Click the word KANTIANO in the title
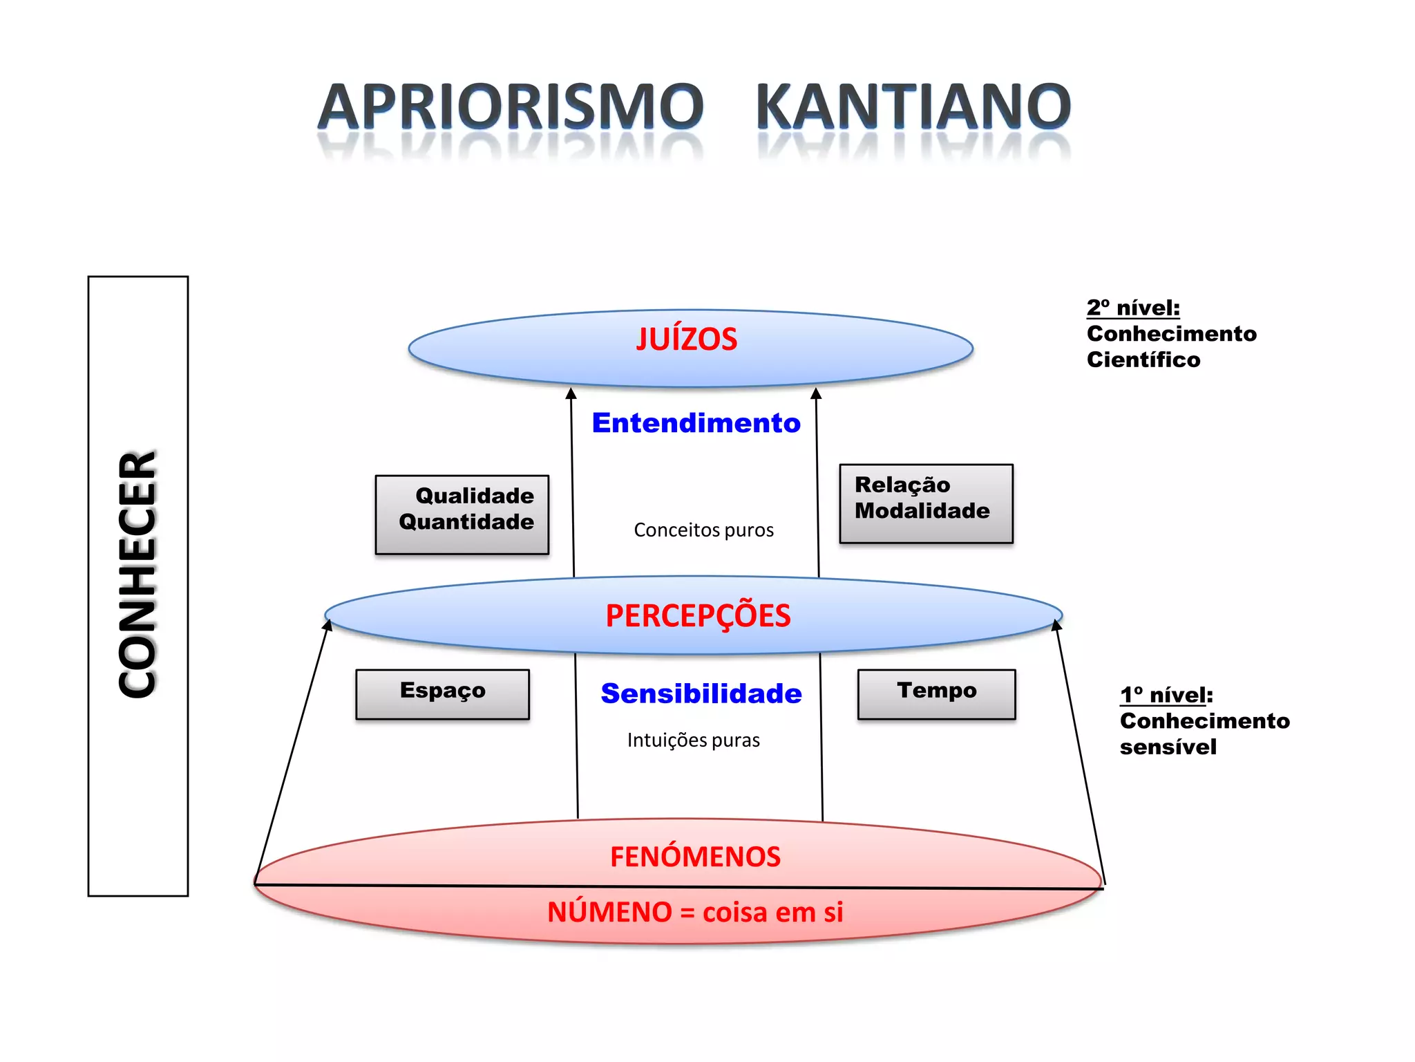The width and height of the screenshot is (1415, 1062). pyautogui.click(x=913, y=107)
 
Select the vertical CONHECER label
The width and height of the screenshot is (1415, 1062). pyautogui.click(x=137, y=574)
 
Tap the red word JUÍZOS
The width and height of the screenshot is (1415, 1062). pyautogui.click(x=687, y=339)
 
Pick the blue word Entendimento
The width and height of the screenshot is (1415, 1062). pyautogui.click(x=696, y=423)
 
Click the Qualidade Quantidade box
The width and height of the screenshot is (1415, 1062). pyautogui.click(x=462, y=514)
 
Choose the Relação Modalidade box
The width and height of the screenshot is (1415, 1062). pyautogui.click(x=926, y=503)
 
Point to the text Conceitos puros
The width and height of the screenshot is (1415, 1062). pyautogui.click(x=703, y=530)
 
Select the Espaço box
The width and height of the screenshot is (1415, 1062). pyautogui.click(x=442, y=693)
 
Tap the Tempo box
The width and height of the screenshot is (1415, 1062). pyautogui.click(x=936, y=693)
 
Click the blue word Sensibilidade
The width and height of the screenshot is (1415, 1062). pyautogui.click(x=701, y=693)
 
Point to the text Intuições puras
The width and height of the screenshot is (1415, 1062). pyautogui.click(x=693, y=740)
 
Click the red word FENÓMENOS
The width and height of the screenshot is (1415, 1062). pyautogui.click(x=695, y=857)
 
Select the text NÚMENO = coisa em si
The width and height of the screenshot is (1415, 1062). pyautogui.click(x=695, y=913)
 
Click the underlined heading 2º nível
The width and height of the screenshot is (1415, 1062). pyautogui.click(x=1133, y=308)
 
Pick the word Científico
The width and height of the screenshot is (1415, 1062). pyautogui.click(x=1143, y=360)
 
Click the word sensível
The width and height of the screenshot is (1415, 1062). pyautogui.click(x=1168, y=747)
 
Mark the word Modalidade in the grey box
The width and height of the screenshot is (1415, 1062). pyautogui.click(x=922, y=511)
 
